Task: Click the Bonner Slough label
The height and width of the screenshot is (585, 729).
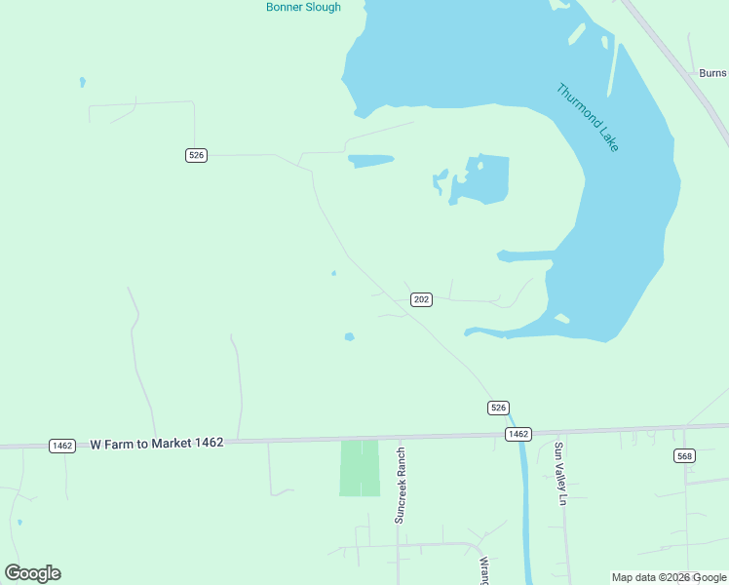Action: coord(303,7)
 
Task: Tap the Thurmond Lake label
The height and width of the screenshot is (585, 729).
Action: coord(588,117)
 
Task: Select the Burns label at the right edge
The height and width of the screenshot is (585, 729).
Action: coord(712,72)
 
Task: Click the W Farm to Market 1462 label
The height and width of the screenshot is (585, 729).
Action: coord(157,443)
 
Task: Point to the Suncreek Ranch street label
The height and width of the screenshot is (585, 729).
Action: coord(400,486)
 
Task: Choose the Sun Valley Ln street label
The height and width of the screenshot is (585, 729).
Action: coord(559,474)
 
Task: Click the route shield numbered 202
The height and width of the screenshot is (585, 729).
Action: coord(421,299)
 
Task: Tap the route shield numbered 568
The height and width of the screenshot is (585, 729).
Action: coord(684,455)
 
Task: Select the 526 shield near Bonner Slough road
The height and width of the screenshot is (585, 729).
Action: coord(197,155)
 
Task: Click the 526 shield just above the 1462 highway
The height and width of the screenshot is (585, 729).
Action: coord(498,408)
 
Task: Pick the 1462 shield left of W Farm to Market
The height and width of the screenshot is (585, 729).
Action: coord(62,446)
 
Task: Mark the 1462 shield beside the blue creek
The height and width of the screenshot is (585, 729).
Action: coord(518,434)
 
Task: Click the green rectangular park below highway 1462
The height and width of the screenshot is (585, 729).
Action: coord(359,468)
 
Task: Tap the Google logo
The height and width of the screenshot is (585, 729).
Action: coord(32,573)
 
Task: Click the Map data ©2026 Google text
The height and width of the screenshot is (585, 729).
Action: coord(670,577)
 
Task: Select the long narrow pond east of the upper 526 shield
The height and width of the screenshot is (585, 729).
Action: coord(370,160)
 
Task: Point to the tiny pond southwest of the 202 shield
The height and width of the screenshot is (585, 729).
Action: coord(349,337)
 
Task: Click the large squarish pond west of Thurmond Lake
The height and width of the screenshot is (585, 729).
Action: coord(487,179)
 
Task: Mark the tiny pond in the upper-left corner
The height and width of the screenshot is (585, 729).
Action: coord(82,82)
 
